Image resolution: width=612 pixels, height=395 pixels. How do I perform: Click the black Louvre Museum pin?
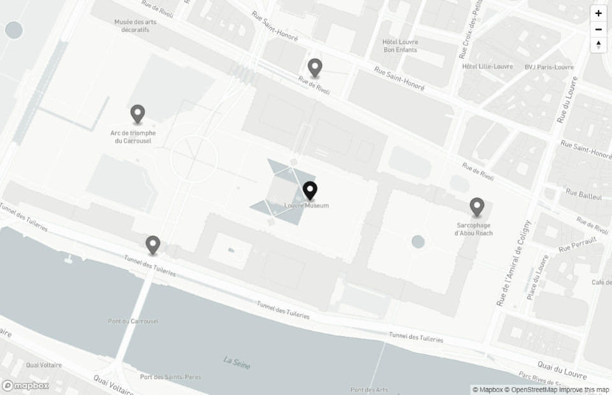[310, 190]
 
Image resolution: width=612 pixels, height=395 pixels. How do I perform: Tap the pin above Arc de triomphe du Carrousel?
[138, 114]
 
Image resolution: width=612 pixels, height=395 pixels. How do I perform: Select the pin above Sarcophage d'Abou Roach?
[477, 207]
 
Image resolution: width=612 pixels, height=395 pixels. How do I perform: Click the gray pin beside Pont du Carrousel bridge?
[152, 245]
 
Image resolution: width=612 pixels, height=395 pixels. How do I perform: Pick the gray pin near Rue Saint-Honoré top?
[315, 68]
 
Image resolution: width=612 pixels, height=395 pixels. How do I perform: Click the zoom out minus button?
[599, 29]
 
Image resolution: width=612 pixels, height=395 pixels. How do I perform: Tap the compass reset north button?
[599, 45]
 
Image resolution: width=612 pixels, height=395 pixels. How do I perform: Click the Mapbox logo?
[25, 385]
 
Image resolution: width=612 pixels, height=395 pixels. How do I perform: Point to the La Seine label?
[237, 363]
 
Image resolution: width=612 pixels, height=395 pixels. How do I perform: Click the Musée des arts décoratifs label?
[136, 25]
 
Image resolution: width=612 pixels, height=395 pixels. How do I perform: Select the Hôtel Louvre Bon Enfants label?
[400, 46]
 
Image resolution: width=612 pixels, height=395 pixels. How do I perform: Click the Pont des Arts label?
[369, 390]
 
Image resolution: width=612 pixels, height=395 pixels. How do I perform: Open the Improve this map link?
[584, 390]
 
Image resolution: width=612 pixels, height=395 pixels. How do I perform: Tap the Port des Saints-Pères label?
[170, 377]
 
